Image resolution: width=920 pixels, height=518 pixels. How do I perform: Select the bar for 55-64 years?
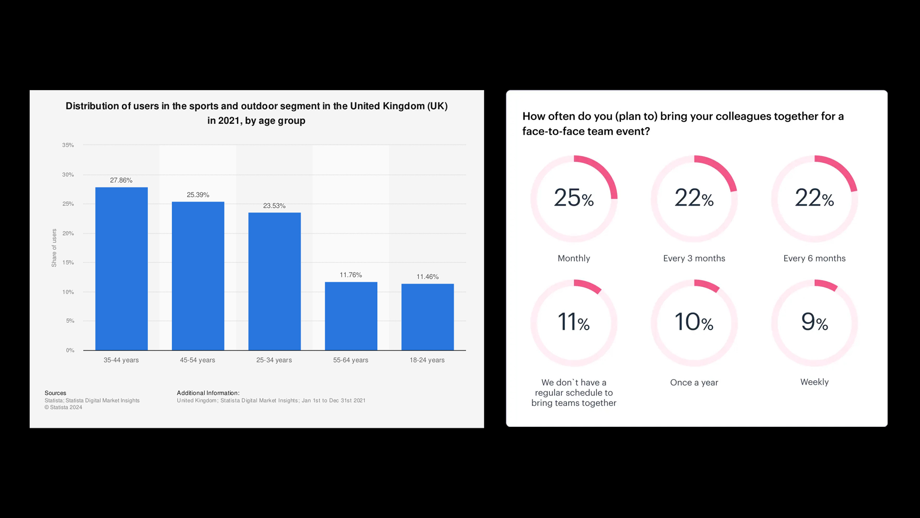[x=351, y=316]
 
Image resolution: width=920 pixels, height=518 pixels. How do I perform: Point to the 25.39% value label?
[x=198, y=195]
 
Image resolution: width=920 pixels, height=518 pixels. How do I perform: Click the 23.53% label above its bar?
[x=274, y=206]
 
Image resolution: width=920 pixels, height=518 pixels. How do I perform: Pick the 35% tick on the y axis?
[x=68, y=145]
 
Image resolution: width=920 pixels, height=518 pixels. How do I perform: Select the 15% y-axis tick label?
[x=68, y=262]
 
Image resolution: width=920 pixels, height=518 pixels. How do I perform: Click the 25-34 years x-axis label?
[x=274, y=360]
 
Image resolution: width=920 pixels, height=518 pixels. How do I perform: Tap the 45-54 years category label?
[x=197, y=360]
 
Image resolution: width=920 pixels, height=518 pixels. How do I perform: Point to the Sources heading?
[x=55, y=393]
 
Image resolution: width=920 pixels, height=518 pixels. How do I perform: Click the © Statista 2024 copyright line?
[x=63, y=407]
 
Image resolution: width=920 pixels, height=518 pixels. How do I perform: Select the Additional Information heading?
[x=208, y=393]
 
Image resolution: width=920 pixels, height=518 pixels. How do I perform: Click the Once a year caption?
[x=694, y=383]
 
